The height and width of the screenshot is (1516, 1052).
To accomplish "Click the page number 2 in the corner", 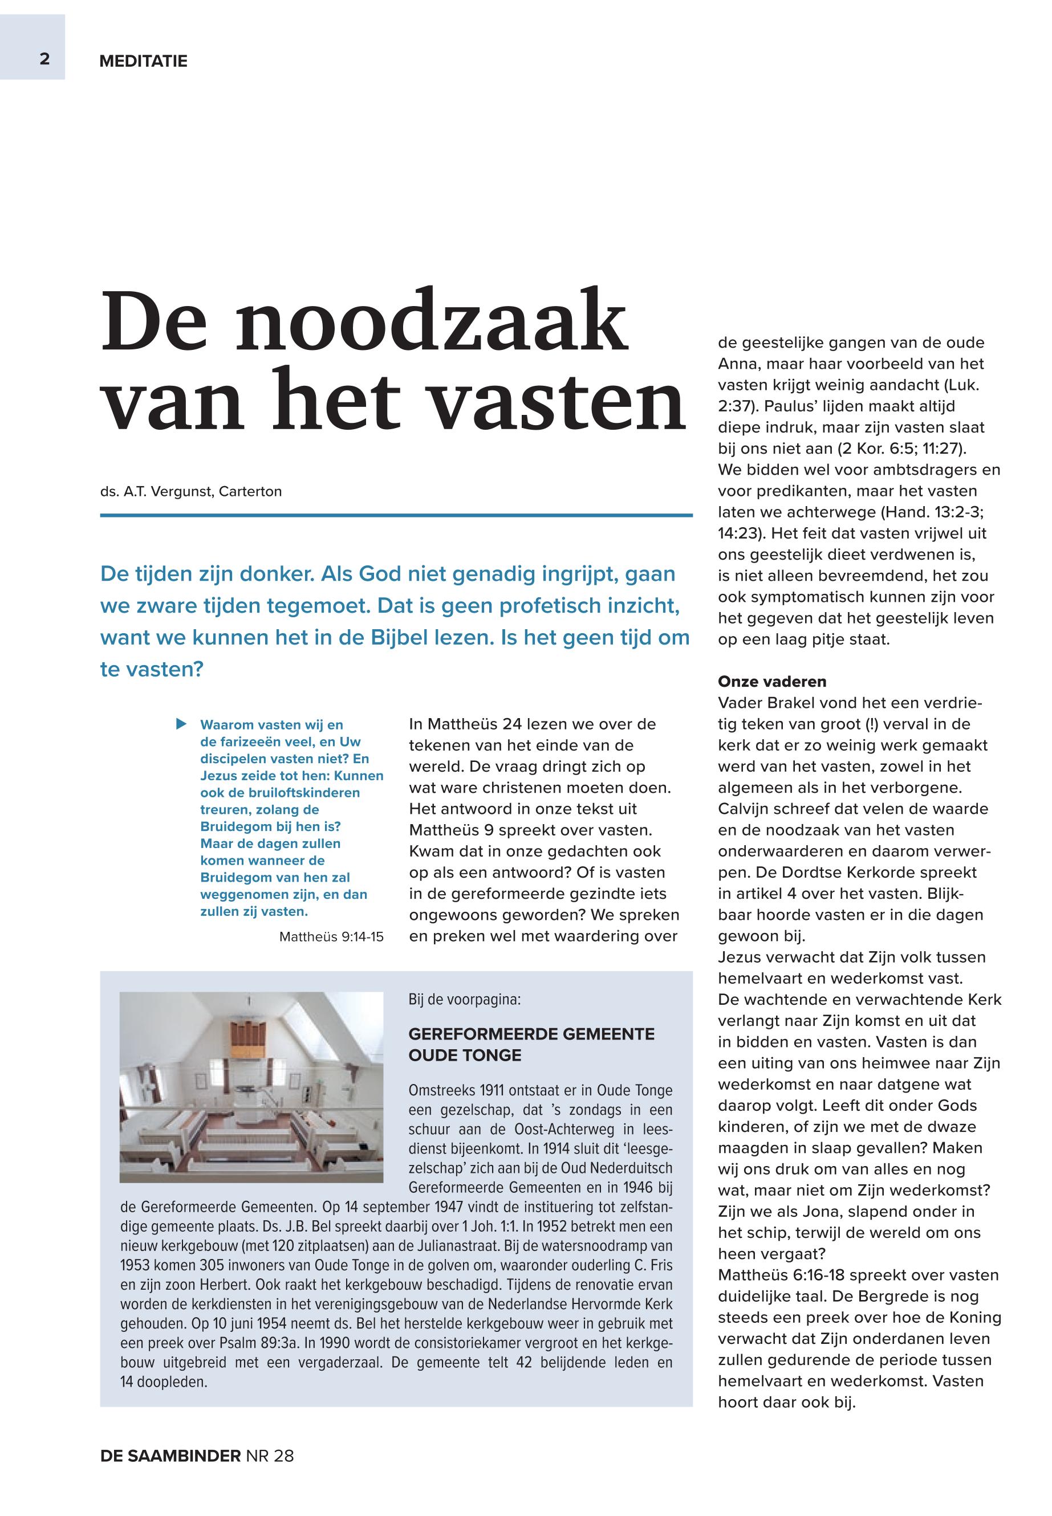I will click(44, 59).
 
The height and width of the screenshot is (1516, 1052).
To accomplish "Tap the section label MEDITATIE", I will click(143, 62).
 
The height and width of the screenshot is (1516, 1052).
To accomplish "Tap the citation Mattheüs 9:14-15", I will click(331, 936).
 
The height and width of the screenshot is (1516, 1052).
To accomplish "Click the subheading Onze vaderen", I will click(772, 681).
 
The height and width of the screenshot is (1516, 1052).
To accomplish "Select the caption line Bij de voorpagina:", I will click(464, 1000).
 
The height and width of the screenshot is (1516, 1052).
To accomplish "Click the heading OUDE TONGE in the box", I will click(465, 1055).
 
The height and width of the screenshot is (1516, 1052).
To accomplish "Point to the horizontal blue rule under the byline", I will click(396, 515).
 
